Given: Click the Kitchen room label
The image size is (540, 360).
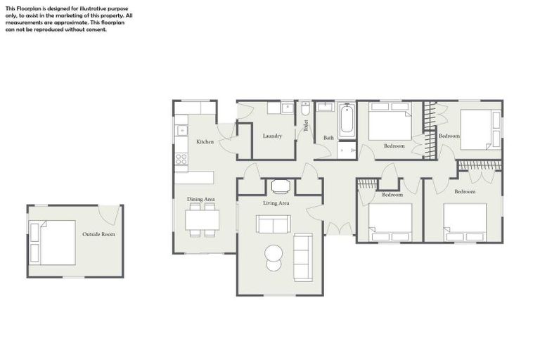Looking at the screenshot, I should pos(205,142).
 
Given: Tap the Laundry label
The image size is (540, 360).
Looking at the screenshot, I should pos(272,136).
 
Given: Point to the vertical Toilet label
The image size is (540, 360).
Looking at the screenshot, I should pos(306,126).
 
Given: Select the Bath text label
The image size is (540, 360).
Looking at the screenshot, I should pos(328,138).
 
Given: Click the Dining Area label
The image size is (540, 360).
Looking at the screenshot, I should pos(200,200).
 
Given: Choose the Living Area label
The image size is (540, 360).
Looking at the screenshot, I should pos(276,203).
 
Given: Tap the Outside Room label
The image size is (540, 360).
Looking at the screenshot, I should pos(98,234).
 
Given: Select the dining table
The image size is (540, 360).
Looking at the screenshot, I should pos(202,220).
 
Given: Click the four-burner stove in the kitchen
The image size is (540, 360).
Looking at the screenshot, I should pos(181,159).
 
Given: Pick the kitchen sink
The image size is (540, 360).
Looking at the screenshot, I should pos(181,130).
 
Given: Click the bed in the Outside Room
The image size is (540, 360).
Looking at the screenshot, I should pos(53,243).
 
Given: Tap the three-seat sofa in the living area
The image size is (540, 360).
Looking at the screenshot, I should pos(302,257).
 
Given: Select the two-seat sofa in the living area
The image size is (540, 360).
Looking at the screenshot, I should pos(273,224).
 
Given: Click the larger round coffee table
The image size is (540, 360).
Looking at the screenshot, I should pos(273,252).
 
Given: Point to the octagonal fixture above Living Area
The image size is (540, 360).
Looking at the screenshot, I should pos(280,186).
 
